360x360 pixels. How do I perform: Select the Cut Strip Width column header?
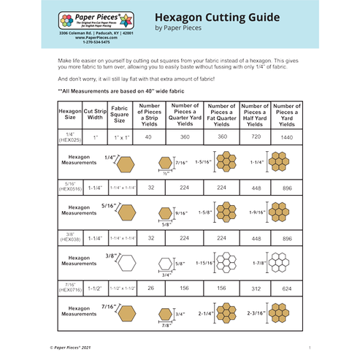pos(95,114)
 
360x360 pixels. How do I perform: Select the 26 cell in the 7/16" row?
pos(151,288)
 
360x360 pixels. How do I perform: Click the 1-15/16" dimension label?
pos(206,261)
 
